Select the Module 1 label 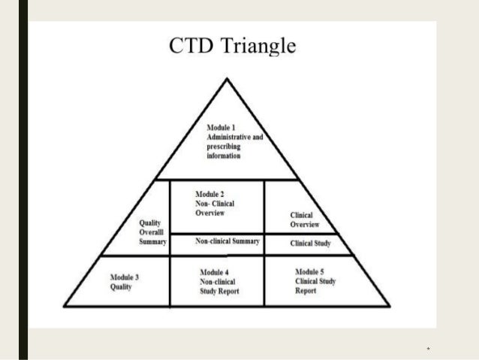(x=223, y=129)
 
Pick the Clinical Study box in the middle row (x=310, y=244)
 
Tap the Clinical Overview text (x=304, y=219)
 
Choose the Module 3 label (x=125, y=277)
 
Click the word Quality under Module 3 (x=120, y=286)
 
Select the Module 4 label (x=218, y=271)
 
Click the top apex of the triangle (x=227, y=77)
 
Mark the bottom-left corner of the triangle (x=65, y=305)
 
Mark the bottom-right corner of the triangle (x=389, y=305)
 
